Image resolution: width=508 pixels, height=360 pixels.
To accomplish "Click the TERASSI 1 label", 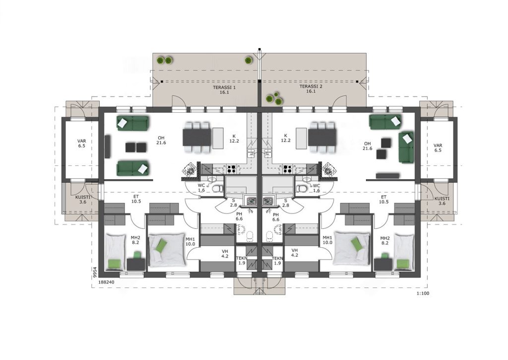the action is [x=224, y=90].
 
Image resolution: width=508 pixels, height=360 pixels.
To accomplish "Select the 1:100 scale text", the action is [x=423, y=293].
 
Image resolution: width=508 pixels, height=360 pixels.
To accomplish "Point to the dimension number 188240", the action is [x=107, y=282].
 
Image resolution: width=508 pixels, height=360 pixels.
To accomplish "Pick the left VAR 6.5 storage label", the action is [x=82, y=144].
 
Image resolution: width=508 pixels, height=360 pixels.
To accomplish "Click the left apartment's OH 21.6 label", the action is [x=161, y=140].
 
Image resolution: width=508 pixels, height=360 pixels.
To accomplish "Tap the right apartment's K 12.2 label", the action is [x=285, y=138].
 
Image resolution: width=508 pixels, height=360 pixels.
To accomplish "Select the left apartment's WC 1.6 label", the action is [x=201, y=188].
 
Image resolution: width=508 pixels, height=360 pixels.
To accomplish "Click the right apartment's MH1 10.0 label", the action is [x=327, y=240].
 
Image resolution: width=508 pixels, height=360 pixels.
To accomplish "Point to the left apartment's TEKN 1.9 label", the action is [x=242, y=261].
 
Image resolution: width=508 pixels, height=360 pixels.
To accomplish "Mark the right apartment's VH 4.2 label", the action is [x=295, y=253].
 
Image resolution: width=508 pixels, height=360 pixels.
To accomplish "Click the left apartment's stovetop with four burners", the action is [x=231, y=169].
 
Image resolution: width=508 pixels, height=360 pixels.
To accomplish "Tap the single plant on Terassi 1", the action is [x=248, y=60].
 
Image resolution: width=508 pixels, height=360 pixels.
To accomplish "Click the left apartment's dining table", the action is [x=196, y=138].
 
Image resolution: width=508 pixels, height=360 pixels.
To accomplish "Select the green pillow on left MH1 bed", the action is [x=161, y=245].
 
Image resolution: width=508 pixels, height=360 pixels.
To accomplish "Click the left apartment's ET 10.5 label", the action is [x=136, y=199].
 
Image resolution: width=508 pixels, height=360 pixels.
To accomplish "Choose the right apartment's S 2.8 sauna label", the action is [x=285, y=203].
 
